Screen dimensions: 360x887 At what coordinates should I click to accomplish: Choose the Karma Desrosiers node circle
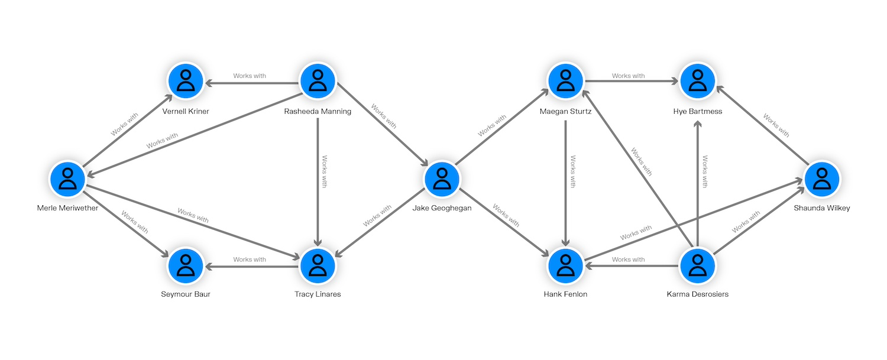(698, 266)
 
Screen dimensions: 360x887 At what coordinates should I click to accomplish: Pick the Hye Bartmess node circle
(698, 82)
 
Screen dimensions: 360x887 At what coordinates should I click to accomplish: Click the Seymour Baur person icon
(186, 266)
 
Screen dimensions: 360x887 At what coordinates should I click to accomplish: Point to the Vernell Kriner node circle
(186, 82)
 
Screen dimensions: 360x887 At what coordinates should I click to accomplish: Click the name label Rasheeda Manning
(318, 111)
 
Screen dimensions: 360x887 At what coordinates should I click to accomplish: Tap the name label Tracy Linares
(318, 294)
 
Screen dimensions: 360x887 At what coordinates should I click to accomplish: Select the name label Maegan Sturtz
(566, 111)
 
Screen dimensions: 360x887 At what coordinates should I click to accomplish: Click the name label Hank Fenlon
(566, 294)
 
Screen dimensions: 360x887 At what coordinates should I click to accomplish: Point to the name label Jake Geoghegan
(442, 207)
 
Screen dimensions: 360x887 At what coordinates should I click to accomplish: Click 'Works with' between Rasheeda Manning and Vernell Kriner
(250, 76)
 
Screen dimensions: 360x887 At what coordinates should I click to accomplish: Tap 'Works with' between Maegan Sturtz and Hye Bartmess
(629, 76)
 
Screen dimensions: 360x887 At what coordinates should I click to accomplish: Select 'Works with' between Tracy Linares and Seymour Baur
(250, 260)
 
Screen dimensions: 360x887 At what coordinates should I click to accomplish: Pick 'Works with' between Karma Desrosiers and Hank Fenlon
(629, 260)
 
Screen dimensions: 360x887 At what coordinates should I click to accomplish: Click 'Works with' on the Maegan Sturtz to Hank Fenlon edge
(572, 171)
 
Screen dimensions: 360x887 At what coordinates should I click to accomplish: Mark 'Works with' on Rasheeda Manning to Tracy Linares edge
(324, 171)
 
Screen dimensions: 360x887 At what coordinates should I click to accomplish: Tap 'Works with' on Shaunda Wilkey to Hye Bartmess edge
(776, 125)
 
